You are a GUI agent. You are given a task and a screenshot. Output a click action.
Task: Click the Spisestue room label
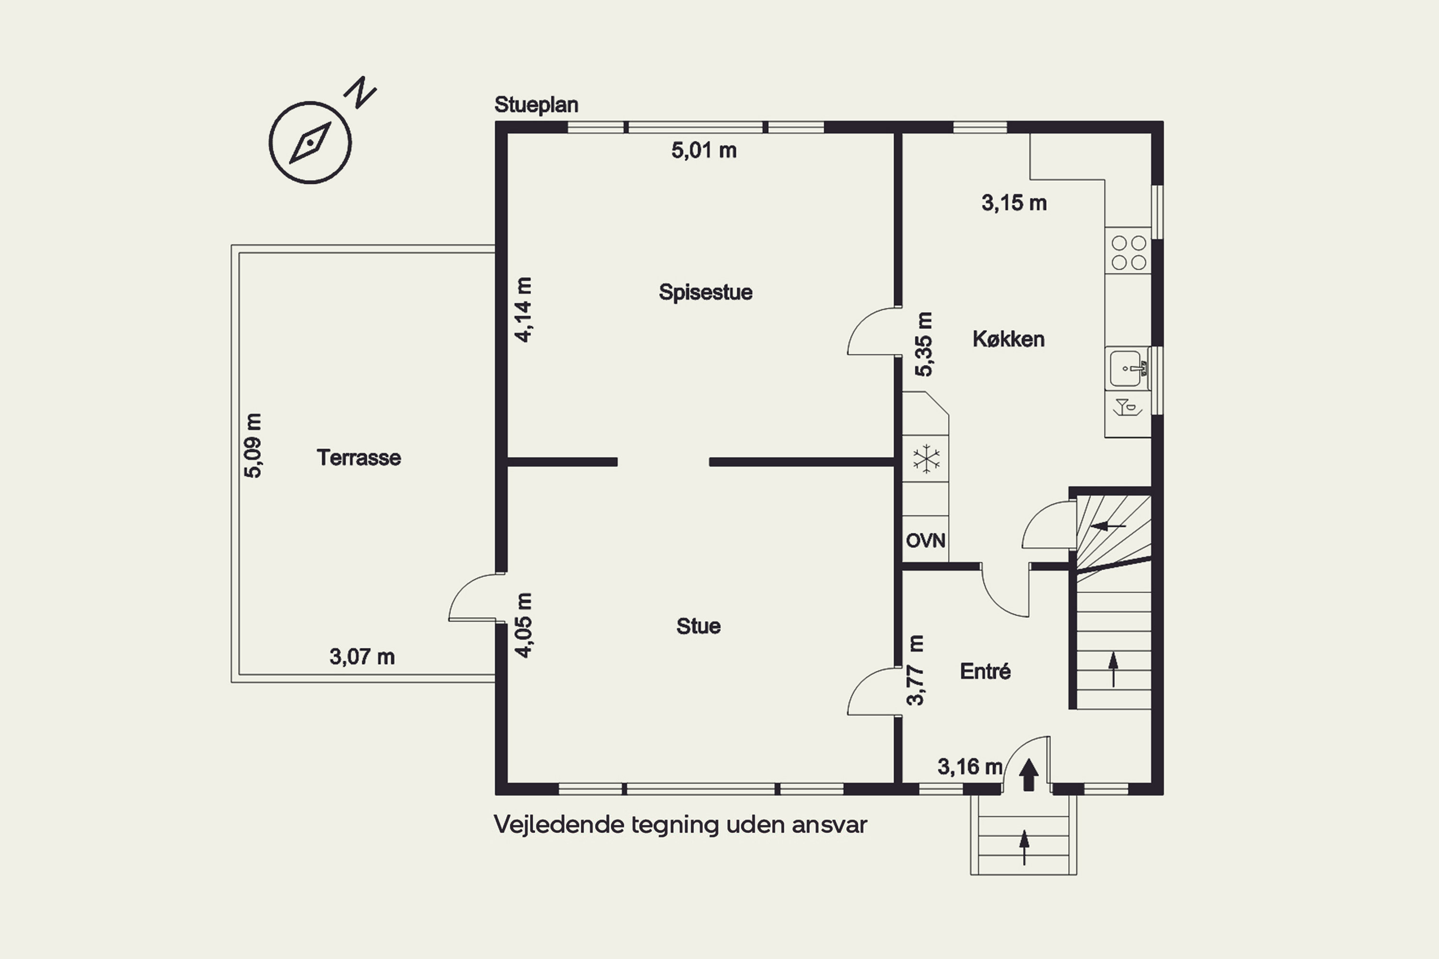click(x=706, y=292)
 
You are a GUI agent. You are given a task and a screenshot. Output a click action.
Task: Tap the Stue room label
click(x=698, y=626)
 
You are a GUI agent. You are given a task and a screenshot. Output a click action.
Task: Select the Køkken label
click(x=1008, y=339)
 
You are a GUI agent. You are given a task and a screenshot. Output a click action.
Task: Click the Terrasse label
click(x=358, y=457)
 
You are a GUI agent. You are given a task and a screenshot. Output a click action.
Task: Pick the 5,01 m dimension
click(x=704, y=151)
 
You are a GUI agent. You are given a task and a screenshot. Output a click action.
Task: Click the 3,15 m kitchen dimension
click(x=1014, y=203)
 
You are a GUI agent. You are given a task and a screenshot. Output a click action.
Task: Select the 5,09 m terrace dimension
click(x=253, y=445)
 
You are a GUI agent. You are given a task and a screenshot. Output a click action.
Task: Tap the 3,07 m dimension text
click(x=362, y=657)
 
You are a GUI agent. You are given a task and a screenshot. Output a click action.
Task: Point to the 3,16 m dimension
click(x=970, y=766)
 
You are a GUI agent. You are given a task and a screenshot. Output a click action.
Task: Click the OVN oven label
click(x=925, y=541)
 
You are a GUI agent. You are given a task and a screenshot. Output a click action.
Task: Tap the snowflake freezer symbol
click(x=926, y=459)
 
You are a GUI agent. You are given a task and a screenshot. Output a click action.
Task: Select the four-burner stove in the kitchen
click(x=1128, y=252)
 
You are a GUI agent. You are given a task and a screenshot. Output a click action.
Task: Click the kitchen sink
click(x=1127, y=368)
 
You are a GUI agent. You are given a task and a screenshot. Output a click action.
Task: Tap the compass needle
click(x=310, y=142)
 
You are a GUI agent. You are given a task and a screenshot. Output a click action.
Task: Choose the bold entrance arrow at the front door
click(x=1028, y=774)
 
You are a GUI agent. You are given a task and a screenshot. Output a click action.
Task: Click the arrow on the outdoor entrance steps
click(x=1024, y=847)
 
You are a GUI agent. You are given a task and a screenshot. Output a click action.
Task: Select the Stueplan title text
click(x=536, y=105)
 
